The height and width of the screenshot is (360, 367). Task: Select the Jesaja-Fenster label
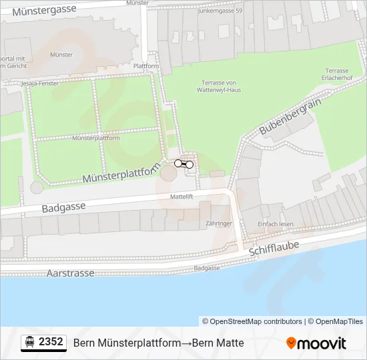[39, 83]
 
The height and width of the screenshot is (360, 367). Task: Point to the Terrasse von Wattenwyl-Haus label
[221, 86]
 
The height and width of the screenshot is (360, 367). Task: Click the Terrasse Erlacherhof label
[337, 75]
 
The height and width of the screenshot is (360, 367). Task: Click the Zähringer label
[218, 223]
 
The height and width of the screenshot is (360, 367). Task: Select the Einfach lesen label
[276, 224]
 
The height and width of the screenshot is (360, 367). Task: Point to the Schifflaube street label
[274, 249]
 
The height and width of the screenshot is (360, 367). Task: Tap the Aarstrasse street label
[71, 273]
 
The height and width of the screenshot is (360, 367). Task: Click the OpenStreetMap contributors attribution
[252, 321]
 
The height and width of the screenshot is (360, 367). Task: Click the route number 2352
[51, 342]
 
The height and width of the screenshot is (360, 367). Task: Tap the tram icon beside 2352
[30, 343]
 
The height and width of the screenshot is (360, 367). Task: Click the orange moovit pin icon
[291, 343]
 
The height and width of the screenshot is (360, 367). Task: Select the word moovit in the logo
[321, 343]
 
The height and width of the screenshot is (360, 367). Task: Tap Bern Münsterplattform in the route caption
[127, 343]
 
